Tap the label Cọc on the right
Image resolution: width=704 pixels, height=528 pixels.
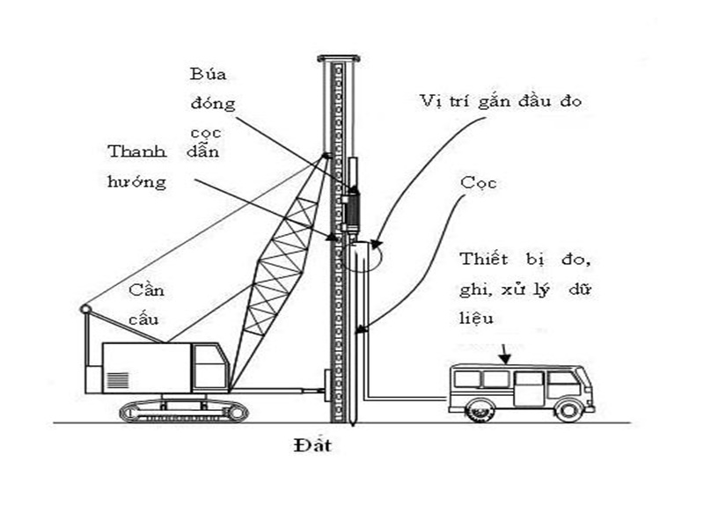point(479,183)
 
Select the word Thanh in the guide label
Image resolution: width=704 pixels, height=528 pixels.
point(137,150)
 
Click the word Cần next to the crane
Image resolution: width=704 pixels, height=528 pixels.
point(144,290)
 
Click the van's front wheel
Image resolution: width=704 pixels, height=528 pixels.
point(568,408)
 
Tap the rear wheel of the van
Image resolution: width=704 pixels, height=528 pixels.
point(480,408)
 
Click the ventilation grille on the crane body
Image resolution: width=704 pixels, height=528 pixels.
point(116,381)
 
